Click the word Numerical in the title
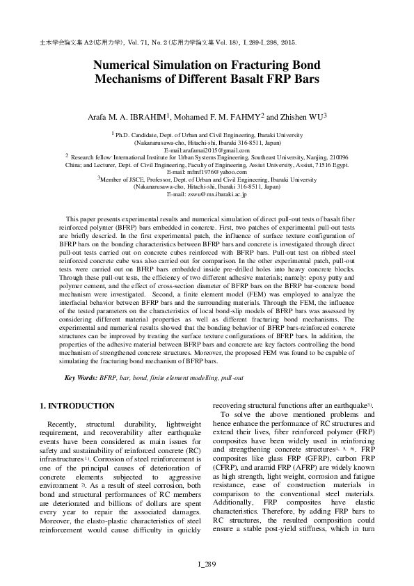point(127,63)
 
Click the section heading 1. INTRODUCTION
point(77,405)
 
